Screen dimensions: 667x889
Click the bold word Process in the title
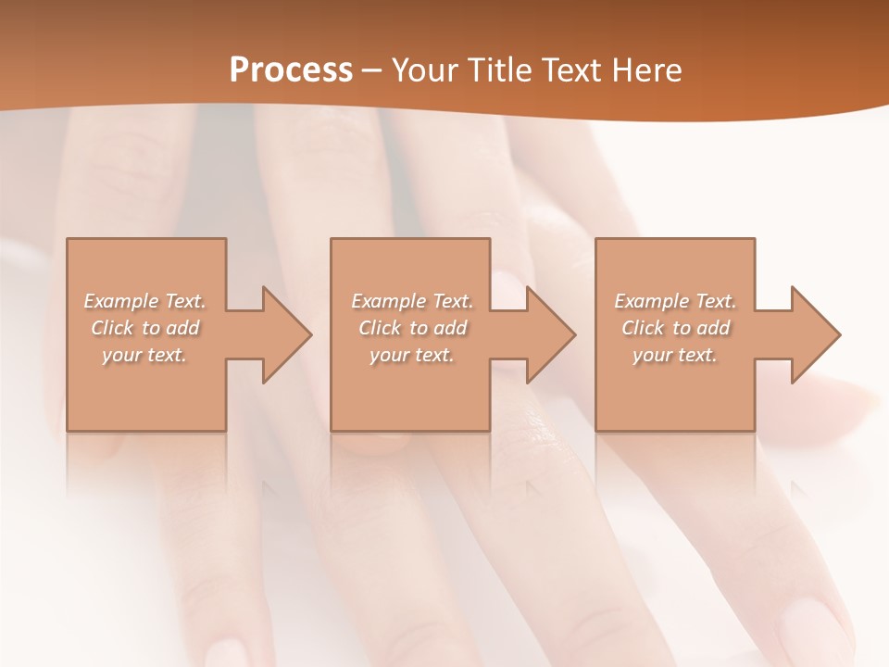(291, 70)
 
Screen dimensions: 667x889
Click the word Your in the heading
(425, 70)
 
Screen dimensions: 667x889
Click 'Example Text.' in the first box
(144, 301)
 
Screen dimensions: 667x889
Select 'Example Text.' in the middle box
(411, 301)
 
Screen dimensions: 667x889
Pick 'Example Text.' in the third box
(675, 301)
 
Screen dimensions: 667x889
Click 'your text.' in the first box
(144, 355)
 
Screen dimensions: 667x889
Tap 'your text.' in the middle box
(411, 355)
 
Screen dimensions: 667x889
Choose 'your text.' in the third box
(675, 355)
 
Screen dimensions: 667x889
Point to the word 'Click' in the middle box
(380, 328)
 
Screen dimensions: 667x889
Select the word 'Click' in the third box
(643, 328)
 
